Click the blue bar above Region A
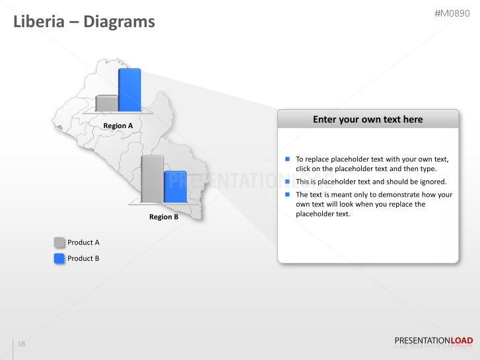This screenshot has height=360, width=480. click(x=129, y=90)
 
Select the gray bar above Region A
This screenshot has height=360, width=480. click(x=106, y=104)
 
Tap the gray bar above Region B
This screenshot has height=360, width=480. click(x=153, y=178)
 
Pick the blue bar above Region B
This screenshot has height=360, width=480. click(x=175, y=187)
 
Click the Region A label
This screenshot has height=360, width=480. click(x=118, y=126)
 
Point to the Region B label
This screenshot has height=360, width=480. click(x=164, y=217)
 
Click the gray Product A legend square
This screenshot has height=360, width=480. click(x=59, y=242)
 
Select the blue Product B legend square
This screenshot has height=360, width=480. click(x=59, y=258)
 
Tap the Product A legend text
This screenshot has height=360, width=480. click(x=83, y=242)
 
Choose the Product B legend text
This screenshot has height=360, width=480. click(x=83, y=258)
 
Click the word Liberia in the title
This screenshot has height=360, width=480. click(x=37, y=22)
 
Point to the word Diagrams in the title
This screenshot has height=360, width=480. click(x=119, y=22)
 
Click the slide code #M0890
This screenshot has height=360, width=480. click(x=454, y=13)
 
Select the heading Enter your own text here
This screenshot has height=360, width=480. click(x=368, y=120)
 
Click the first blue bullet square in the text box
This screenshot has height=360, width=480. click(x=288, y=159)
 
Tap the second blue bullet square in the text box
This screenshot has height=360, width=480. click(x=288, y=181)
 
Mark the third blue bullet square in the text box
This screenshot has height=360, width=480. click(x=288, y=194)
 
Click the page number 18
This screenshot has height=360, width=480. click(x=22, y=344)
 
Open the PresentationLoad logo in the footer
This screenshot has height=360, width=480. click(x=433, y=341)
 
